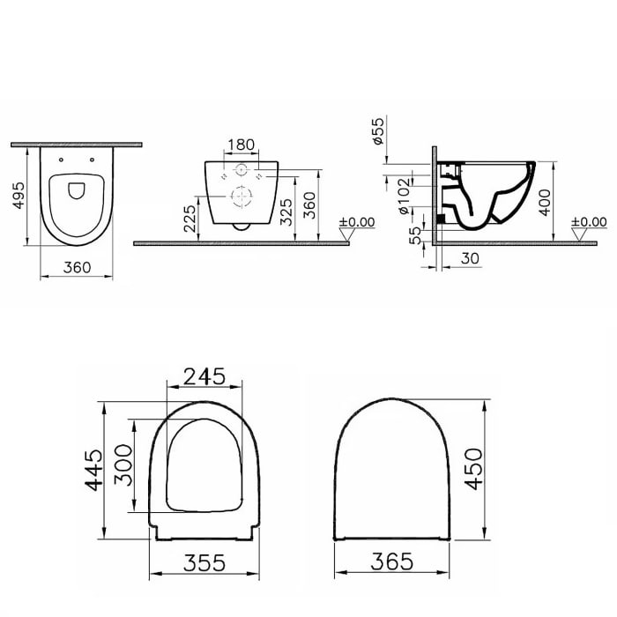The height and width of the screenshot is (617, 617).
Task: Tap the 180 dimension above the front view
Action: point(240,145)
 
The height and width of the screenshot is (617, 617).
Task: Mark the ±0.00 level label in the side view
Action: point(589,222)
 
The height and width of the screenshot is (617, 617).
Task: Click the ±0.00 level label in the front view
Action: point(357,222)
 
